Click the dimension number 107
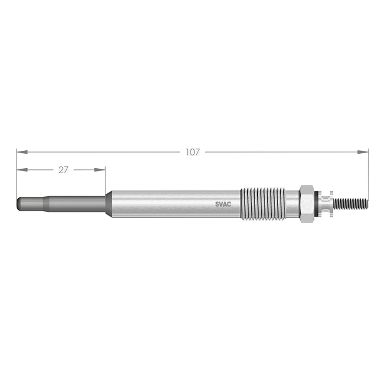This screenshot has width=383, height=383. coord(193,152)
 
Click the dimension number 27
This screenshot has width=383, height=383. coord(63,170)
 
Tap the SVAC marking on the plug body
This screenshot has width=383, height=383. coord(223,204)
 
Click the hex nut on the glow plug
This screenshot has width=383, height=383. coord(307,204)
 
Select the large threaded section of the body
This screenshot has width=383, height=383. coord(263,204)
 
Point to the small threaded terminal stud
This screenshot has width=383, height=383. coord(350,204)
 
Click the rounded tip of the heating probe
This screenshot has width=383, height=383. coord(20,204)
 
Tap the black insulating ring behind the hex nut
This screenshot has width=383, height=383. coord(317,204)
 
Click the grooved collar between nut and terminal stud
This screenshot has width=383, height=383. coord(327,204)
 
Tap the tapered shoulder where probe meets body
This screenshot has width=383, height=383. coord(109,204)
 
